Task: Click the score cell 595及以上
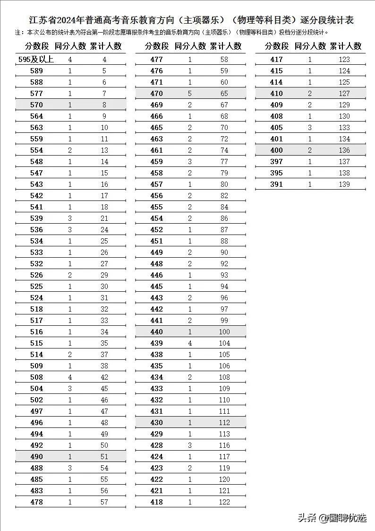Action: tap(36, 60)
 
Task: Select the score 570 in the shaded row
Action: tap(36, 105)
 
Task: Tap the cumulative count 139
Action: tap(344, 184)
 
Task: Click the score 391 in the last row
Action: tap(276, 184)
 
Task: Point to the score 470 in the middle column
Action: tap(156, 94)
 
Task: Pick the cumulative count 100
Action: tap(224, 332)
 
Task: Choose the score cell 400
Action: tap(276, 150)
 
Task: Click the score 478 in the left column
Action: tap(36, 502)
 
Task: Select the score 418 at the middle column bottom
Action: tap(156, 502)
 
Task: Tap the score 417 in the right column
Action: tap(276, 60)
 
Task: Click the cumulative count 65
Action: tap(224, 94)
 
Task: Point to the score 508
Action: tap(36, 377)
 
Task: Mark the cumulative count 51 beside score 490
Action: tap(104, 457)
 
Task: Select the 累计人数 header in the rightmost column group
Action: tap(345, 46)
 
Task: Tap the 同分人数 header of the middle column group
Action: tap(190, 46)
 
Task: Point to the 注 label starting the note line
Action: tap(18, 33)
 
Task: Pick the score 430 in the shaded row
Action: tap(156, 423)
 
